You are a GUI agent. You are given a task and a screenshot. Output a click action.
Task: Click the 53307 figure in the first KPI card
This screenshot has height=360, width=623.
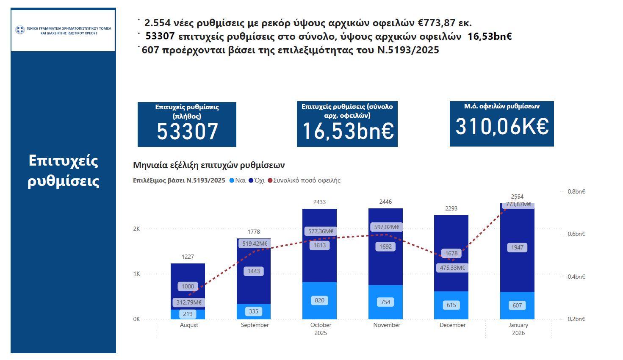(187, 131)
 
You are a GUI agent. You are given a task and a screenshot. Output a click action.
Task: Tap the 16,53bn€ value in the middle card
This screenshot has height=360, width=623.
(348, 131)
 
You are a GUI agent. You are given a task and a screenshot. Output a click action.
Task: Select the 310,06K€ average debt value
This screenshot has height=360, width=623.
(502, 126)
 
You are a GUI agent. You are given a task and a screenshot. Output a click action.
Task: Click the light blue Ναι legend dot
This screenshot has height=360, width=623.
(232, 180)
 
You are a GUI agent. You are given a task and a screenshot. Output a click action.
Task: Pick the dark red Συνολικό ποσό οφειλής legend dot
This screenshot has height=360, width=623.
(270, 180)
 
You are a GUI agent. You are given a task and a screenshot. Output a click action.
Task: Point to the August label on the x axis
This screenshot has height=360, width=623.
(189, 325)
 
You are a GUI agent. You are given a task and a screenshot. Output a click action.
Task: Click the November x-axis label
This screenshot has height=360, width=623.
(387, 325)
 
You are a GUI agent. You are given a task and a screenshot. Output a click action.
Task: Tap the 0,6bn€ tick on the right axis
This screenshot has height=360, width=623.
(576, 234)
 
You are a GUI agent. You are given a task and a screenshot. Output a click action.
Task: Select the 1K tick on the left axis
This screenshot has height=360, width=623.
(136, 274)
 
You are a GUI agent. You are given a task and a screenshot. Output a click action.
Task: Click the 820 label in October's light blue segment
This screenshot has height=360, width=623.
(319, 300)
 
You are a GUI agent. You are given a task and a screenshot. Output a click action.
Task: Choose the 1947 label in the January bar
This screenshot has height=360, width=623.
(517, 247)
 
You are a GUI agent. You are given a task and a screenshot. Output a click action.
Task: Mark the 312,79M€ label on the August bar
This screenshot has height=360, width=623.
(189, 302)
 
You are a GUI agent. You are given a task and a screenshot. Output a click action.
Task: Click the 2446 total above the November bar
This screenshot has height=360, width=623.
(385, 202)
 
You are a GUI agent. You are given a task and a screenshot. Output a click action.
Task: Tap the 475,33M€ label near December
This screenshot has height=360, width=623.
(452, 268)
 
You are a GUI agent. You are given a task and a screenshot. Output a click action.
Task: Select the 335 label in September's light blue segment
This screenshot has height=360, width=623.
(254, 311)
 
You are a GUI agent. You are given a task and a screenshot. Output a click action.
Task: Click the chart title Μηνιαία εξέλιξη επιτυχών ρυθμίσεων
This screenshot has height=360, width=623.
(209, 165)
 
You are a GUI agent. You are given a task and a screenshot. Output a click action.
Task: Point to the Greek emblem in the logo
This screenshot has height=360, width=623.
(20, 30)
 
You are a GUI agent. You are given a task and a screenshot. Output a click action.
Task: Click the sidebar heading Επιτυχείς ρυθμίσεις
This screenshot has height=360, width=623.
(64, 171)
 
